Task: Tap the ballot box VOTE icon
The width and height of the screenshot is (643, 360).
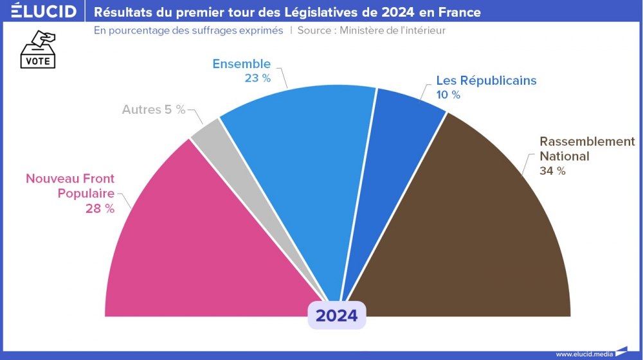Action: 39,50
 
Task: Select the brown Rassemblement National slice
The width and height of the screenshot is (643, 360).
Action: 476,231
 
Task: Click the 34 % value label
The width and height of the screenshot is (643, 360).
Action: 552,170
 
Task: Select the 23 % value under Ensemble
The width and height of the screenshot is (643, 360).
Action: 257,78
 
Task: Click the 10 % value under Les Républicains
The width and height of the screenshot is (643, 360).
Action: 448,94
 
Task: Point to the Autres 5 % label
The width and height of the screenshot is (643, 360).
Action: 154,109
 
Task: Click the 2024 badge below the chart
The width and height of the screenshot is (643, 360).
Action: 336,316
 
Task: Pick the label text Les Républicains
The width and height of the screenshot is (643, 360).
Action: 486,80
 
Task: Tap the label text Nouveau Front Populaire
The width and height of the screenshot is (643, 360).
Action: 70,186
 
